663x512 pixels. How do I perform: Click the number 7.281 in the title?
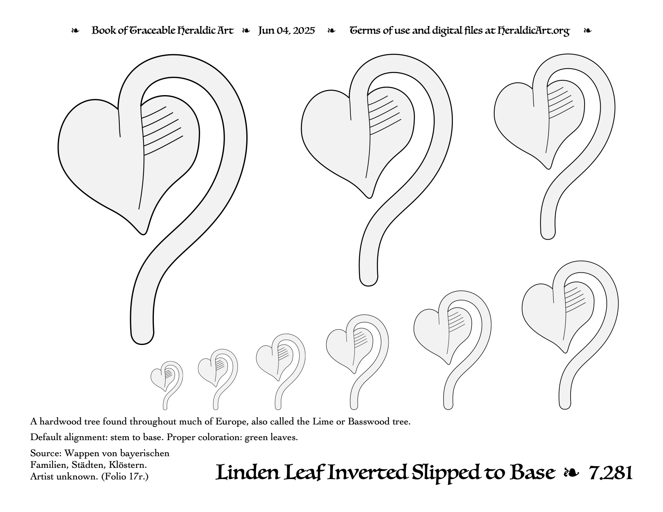click(x=610, y=473)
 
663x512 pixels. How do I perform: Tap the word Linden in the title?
click(x=248, y=472)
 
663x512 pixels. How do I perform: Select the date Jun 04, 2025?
click(x=286, y=31)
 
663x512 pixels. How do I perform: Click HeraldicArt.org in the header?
click(x=533, y=31)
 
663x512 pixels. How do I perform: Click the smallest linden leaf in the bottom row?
click(x=167, y=385)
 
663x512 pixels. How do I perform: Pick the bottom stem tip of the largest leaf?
click(x=142, y=344)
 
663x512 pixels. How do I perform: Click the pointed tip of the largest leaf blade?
click(x=143, y=234)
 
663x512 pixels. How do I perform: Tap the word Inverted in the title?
click(x=367, y=472)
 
